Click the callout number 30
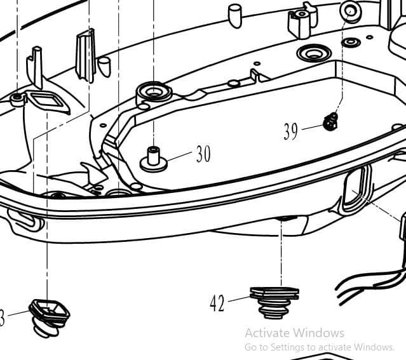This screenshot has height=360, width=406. [203, 154]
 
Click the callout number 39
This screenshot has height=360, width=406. [291, 131]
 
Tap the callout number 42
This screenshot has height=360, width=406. [217, 303]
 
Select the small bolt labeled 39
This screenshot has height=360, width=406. [330, 121]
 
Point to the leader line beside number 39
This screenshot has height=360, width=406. [311, 128]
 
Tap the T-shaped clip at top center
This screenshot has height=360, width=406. [302, 22]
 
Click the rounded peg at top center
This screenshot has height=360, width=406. [235, 15]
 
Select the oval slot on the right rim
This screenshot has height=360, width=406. [355, 189]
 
